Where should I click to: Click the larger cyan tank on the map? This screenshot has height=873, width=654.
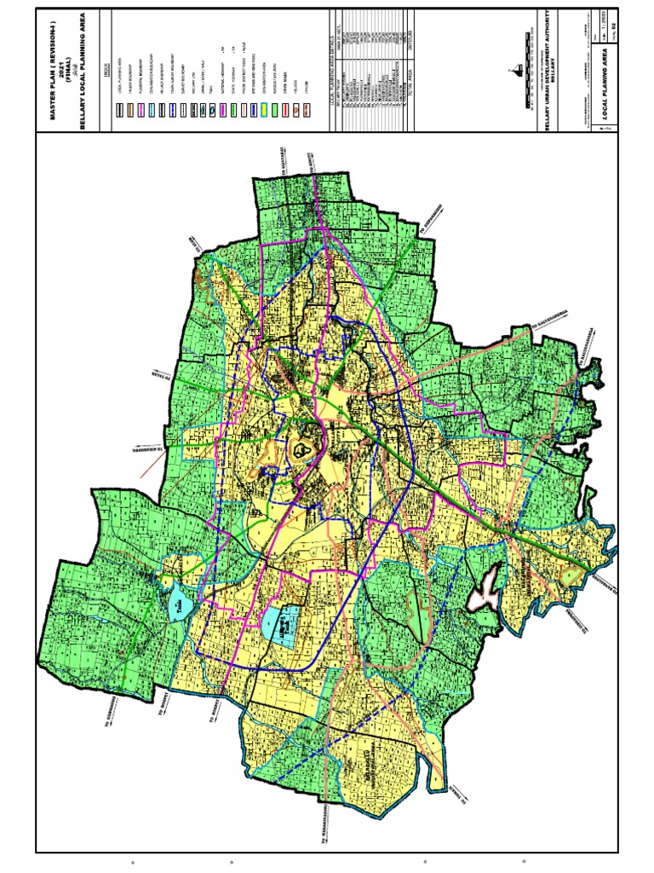[280, 626]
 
